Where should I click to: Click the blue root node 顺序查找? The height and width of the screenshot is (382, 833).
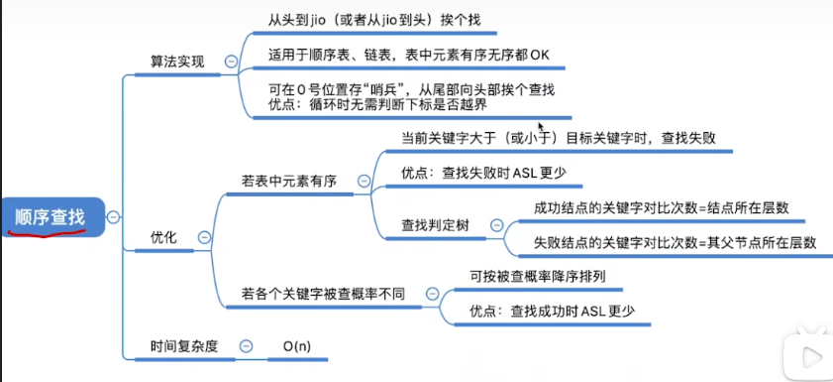(51, 216)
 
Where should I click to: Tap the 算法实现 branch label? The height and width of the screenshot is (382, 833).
(176, 62)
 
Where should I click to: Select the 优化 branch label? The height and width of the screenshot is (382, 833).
(163, 237)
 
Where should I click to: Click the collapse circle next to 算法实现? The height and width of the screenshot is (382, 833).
(231, 62)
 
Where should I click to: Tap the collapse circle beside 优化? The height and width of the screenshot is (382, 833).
(204, 237)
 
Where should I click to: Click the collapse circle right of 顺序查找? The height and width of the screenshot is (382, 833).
(115, 216)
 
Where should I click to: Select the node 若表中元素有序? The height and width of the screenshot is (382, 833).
(289, 182)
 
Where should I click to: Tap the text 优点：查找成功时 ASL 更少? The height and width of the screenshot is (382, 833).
(552, 311)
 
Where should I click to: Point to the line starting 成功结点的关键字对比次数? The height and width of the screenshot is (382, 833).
(661, 207)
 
